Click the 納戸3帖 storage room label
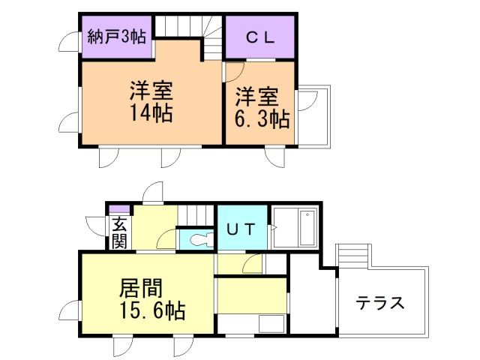pos(115,34)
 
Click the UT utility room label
pos(240,228)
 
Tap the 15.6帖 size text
pos(152,310)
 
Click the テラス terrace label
pos(380,304)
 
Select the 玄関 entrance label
pos(119,232)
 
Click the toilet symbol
pos(199,240)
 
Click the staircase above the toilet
pos(196,214)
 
